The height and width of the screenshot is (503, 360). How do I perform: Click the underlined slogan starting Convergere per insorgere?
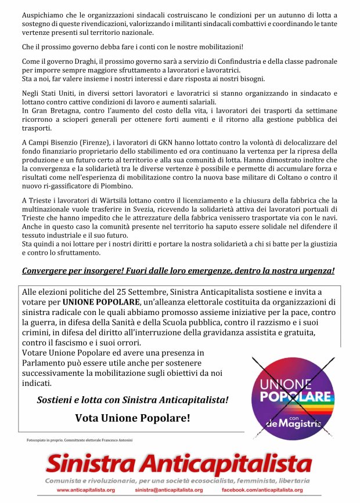(178, 271)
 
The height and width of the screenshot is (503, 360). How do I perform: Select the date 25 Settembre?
(135, 292)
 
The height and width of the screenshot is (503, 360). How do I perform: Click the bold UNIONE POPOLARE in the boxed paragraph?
(106, 303)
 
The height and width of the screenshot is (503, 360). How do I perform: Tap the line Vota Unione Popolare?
(132, 418)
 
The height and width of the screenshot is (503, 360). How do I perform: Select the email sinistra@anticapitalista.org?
(168, 490)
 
